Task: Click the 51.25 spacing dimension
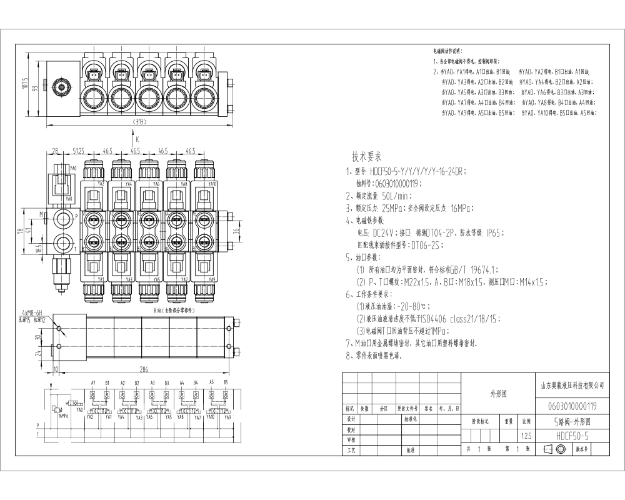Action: pos(79,151)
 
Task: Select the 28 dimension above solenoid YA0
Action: pos(55,151)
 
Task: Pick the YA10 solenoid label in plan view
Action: pos(212,184)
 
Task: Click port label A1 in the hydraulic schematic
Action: pos(93,382)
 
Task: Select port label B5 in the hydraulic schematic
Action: pos(226,382)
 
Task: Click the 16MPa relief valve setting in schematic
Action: pos(64,415)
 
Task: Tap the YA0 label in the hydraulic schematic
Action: pos(79,410)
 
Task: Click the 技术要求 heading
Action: pos(367,157)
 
